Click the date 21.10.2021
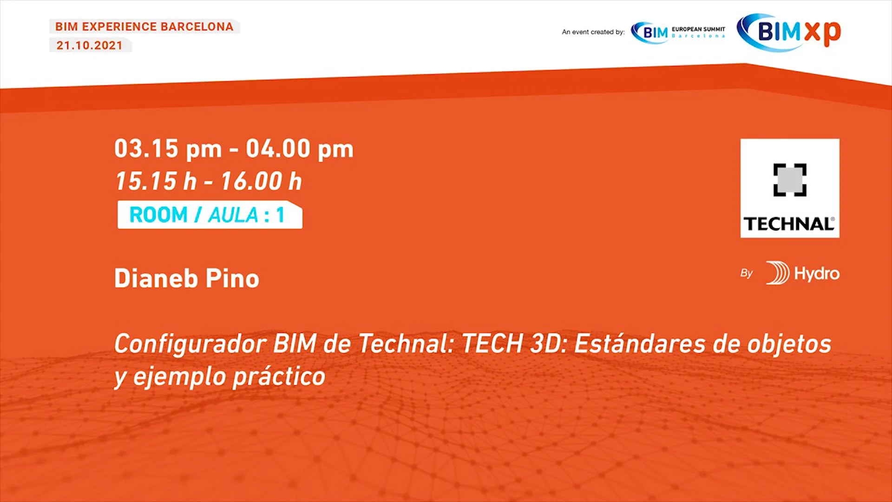[x=90, y=46]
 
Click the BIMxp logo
[x=789, y=32]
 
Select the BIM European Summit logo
[x=678, y=32]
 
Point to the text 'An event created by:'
[x=593, y=32]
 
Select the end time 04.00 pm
[x=300, y=149]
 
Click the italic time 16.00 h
[x=261, y=181]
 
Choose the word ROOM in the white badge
[x=158, y=215]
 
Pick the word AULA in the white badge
[x=233, y=215]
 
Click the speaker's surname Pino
[x=232, y=278]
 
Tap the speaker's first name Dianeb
[x=156, y=278]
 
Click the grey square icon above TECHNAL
[x=790, y=180]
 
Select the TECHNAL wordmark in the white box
[x=789, y=224]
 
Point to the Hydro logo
[x=803, y=273]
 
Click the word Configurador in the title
[x=190, y=344]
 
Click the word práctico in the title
[x=279, y=376]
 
